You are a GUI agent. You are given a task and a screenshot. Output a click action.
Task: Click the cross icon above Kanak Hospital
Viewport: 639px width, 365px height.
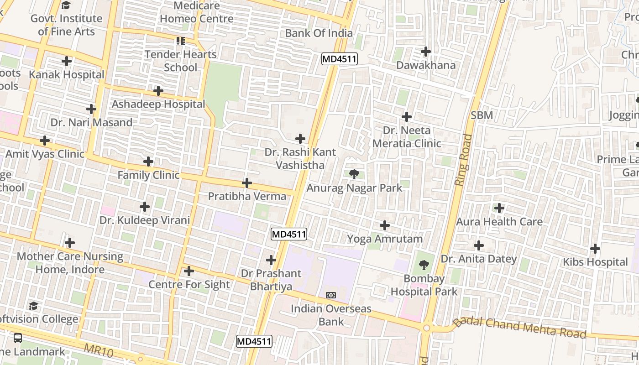67,61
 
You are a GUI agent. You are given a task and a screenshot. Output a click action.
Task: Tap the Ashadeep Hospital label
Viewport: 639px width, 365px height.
158,104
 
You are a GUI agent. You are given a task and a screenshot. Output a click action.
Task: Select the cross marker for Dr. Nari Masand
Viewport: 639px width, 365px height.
91,109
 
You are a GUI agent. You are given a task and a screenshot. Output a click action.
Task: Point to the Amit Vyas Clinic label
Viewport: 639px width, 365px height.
45,154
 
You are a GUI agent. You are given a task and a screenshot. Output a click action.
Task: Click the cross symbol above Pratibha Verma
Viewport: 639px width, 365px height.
247,183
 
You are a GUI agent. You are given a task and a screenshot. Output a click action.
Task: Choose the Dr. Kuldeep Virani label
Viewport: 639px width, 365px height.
145,220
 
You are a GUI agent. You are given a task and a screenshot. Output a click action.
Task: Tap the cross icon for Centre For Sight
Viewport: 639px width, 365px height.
189,271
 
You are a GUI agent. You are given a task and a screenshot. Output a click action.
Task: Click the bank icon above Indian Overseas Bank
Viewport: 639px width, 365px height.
331,295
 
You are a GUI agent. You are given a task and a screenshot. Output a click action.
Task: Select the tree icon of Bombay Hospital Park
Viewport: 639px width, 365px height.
424,265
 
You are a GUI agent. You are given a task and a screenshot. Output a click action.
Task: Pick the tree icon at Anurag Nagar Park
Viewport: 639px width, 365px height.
354,174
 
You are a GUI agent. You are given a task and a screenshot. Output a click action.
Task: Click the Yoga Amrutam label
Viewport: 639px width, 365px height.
385,239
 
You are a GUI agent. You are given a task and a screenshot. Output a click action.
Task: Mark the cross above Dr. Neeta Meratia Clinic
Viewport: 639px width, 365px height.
406,117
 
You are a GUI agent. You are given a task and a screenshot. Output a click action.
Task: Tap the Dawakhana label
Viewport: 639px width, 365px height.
425,65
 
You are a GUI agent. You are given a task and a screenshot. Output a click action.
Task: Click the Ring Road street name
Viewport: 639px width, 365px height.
463,159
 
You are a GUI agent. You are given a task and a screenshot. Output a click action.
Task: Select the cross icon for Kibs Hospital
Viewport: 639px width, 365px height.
595,249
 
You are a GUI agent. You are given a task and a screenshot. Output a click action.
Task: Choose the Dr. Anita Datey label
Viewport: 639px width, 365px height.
478,259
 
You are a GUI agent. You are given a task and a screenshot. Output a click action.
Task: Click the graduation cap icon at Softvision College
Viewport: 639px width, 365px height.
33,306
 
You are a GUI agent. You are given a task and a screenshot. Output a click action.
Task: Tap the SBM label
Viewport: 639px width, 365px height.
482,115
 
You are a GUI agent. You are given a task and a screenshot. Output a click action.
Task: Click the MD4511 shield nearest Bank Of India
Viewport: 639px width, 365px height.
339,59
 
